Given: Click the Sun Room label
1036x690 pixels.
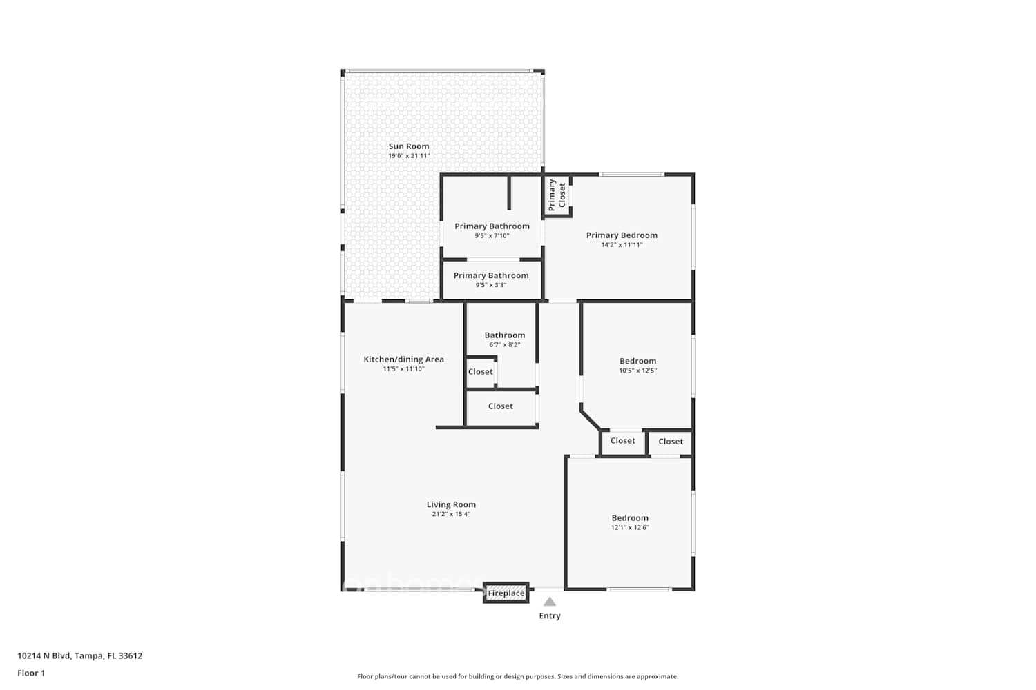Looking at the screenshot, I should click(x=408, y=146).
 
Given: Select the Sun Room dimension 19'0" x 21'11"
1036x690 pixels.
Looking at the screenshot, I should click(x=408, y=156).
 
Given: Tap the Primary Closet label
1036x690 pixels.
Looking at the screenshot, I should click(x=557, y=195).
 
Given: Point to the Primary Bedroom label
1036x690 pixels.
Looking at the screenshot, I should click(x=622, y=235).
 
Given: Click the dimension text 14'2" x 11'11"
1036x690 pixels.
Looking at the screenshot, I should click(x=622, y=245).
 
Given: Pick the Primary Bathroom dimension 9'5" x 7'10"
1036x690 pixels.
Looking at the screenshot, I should click(x=492, y=236).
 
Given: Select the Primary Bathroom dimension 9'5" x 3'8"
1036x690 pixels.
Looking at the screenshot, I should click(x=491, y=285).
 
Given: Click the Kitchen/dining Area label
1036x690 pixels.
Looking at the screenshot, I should click(x=403, y=359).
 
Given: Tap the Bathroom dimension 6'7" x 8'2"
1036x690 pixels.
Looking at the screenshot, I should click(x=504, y=345).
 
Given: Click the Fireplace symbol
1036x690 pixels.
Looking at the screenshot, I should click(x=506, y=593).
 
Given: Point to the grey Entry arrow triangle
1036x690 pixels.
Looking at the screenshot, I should click(x=550, y=602).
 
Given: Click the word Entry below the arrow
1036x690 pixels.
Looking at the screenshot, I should click(x=550, y=616).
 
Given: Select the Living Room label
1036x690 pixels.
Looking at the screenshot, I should click(x=451, y=505).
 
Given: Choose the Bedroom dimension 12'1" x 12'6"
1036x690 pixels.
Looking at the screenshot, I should click(x=629, y=528).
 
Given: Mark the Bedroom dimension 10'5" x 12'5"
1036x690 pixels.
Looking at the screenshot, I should click(x=637, y=371).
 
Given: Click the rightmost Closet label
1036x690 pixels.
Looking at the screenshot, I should click(x=671, y=442).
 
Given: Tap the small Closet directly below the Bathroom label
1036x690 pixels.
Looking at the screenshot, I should click(x=481, y=372).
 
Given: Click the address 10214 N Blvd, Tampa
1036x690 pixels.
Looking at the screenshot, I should click(x=80, y=656).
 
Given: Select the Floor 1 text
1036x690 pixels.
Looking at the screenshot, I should click(x=31, y=673).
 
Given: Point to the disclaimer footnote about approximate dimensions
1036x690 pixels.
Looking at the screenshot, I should click(x=517, y=677).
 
